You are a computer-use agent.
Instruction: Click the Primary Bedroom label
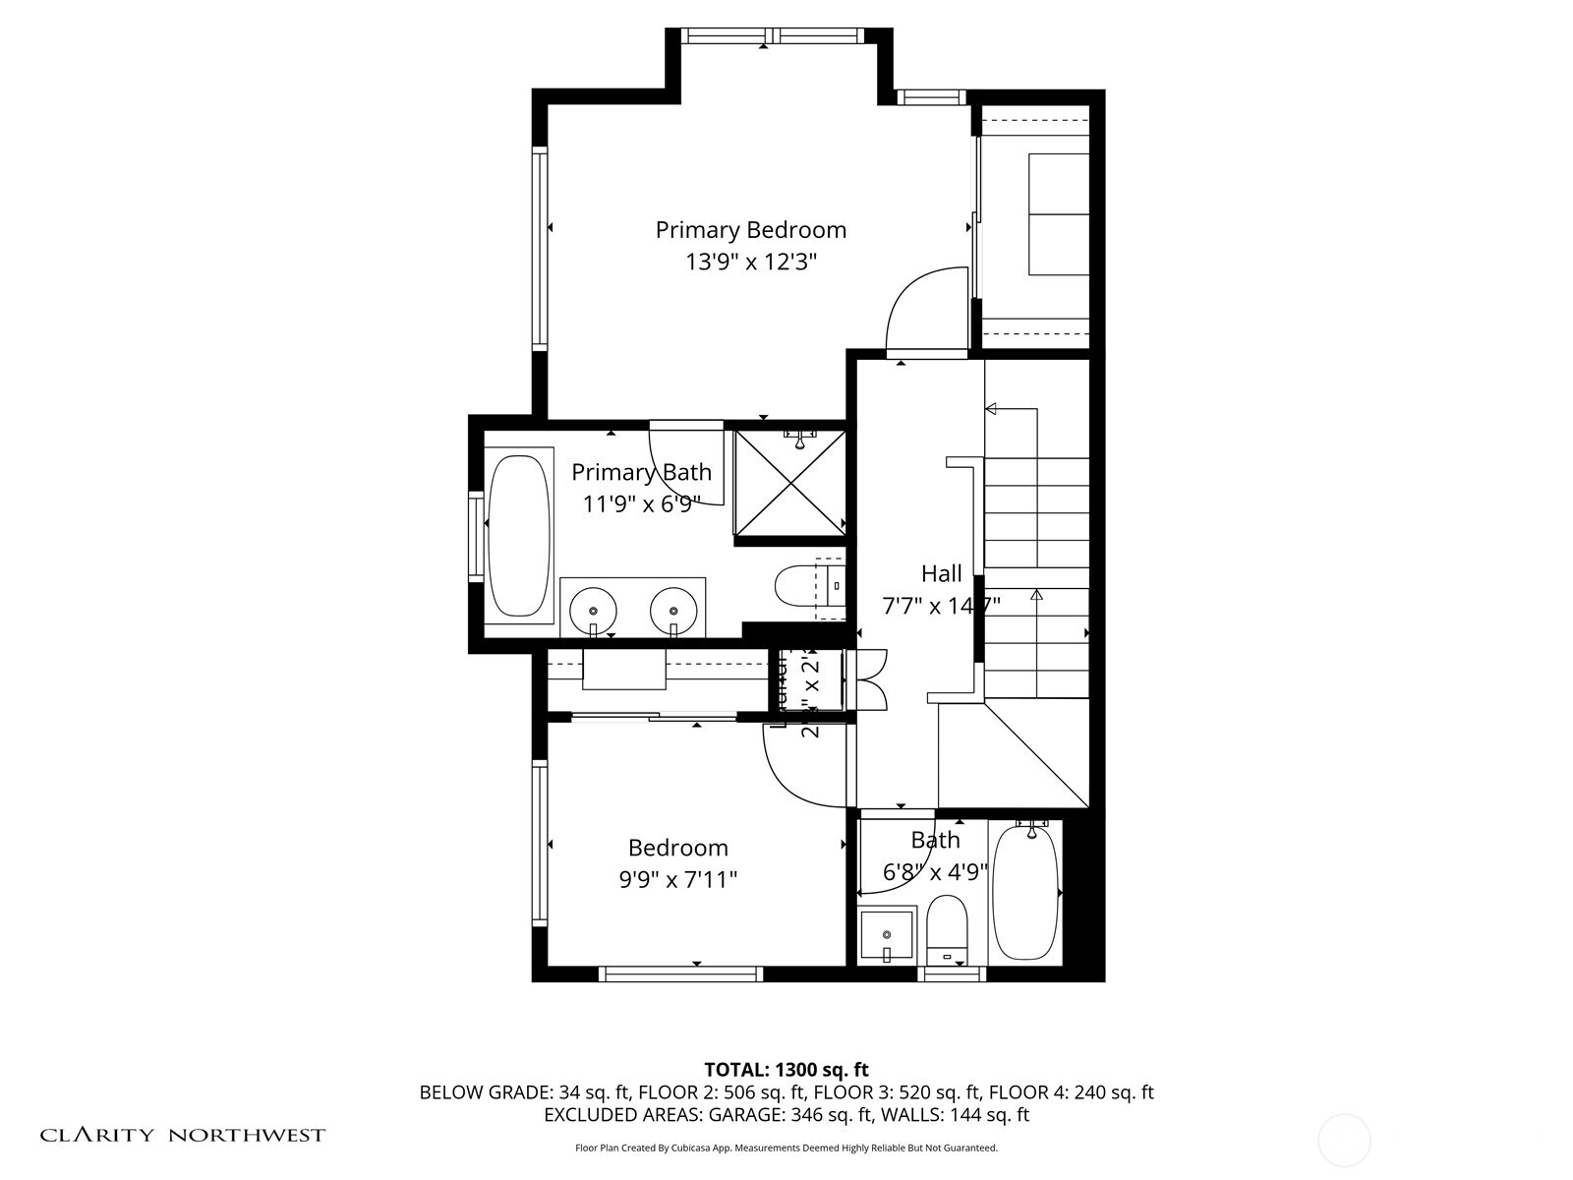(750, 229)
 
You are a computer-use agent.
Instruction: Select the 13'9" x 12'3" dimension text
(751, 262)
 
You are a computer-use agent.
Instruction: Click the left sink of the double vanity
(593, 608)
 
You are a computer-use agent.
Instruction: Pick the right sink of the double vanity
(673, 608)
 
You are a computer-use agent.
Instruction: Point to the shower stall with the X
(789, 483)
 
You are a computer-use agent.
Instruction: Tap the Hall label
(941, 573)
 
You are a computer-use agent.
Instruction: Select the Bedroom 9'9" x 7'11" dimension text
(677, 879)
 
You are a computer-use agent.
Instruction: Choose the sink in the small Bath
(886, 935)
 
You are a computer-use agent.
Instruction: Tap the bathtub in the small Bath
(1025, 892)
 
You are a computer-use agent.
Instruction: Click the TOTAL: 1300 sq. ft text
(786, 1069)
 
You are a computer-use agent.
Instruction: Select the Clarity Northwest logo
(182, 1135)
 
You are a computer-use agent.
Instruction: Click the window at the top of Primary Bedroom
(773, 36)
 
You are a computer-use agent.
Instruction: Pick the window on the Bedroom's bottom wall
(680, 973)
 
